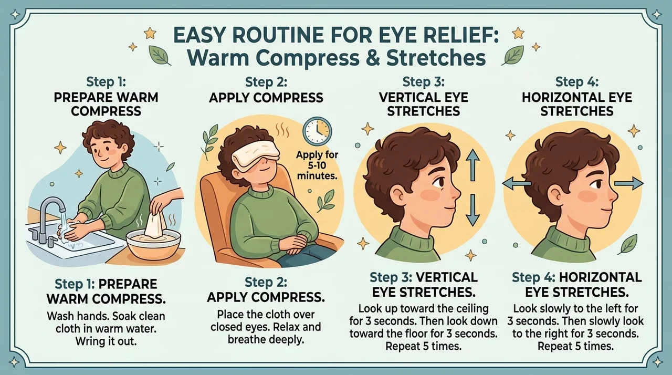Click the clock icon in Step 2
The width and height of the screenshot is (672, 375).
click(x=317, y=131)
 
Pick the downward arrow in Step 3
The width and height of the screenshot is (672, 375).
click(x=473, y=210)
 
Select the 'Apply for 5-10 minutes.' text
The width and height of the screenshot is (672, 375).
click(x=317, y=165)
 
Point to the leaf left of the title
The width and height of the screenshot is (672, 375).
click(x=159, y=55)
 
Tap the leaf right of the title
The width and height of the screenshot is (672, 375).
click(x=513, y=55)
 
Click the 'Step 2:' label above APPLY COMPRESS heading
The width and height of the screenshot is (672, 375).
click(x=266, y=81)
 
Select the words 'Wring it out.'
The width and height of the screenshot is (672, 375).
click(x=106, y=341)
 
